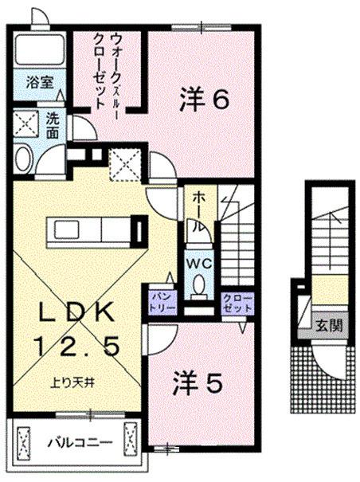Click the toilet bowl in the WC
click(x=198, y=285)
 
